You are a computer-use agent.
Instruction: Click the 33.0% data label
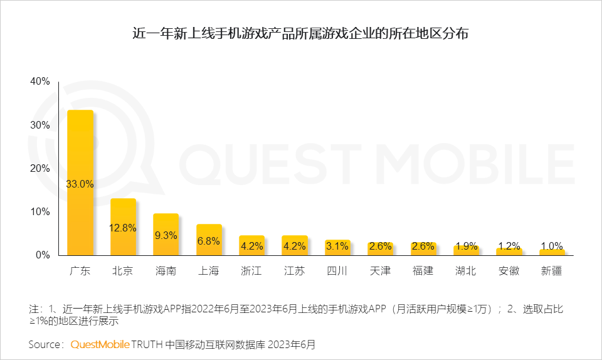pos(80,184)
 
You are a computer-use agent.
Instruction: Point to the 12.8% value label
pos(123,228)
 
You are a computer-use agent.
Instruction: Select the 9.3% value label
pos(166,236)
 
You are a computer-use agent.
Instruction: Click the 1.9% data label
pos(466,246)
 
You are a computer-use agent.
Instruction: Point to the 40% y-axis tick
pos(40,82)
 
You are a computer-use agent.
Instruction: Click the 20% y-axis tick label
pos(40,168)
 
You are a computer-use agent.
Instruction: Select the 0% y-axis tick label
pos(42,255)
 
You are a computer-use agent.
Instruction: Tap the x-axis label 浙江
pos(251,272)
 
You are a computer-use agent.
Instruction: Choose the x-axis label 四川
pos(337,272)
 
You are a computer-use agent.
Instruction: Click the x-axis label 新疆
pos(552,272)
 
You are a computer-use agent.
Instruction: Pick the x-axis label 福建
pos(423,272)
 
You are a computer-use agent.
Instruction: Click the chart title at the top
pos(300,34)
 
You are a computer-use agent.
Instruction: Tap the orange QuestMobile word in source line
pos(100,344)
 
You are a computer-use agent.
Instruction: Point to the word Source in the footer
pos(46,344)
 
